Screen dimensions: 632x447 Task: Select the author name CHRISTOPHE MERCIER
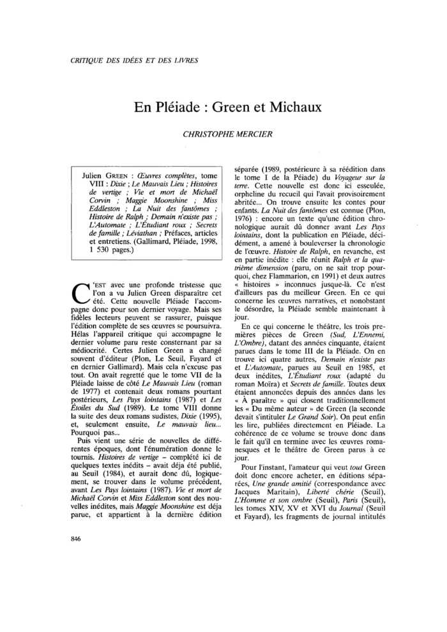(x=223, y=135)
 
